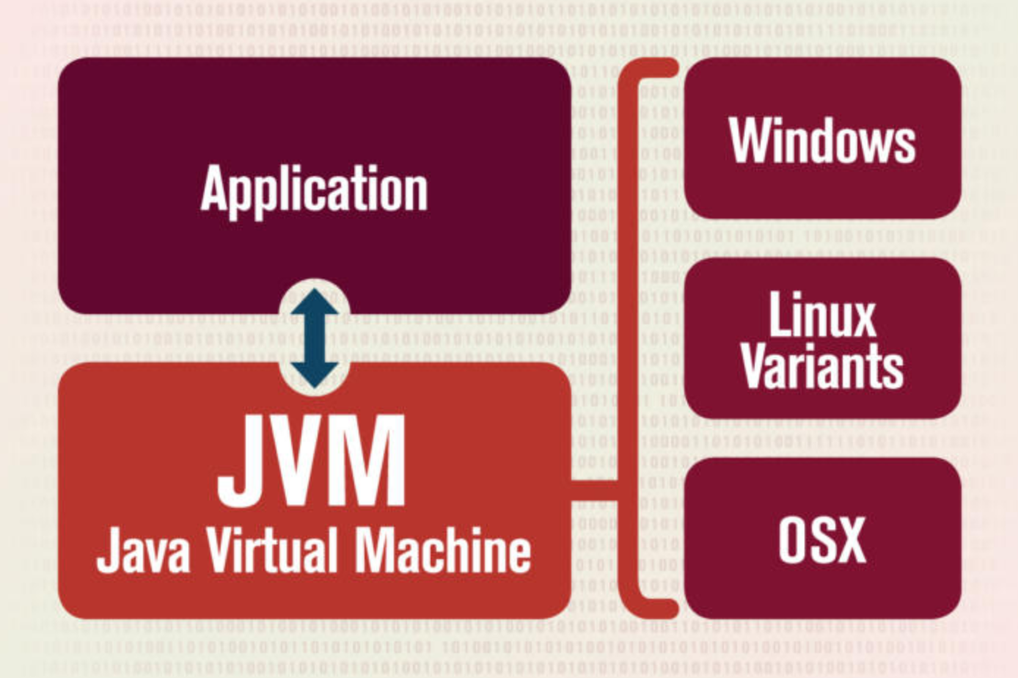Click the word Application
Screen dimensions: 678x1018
314,189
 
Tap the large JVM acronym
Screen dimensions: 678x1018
312,461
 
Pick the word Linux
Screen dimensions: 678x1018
822,316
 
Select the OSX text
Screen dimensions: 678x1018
822,540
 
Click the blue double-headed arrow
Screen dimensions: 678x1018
315,338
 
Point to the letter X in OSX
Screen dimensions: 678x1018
851,540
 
